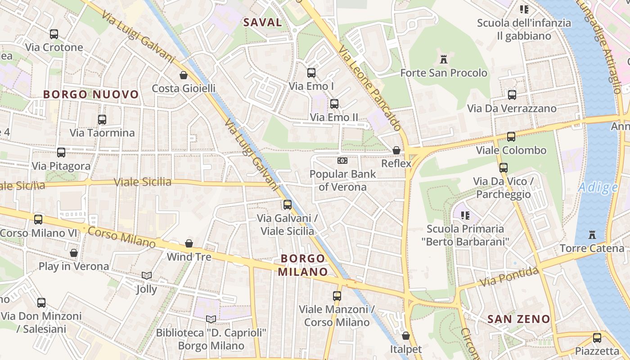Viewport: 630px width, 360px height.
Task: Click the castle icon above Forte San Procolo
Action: [444, 59]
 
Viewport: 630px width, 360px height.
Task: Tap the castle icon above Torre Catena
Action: [592, 235]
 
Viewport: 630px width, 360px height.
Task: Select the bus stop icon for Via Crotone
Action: [54, 34]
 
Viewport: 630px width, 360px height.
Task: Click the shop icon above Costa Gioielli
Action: [184, 75]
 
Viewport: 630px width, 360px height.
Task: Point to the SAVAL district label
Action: [263, 22]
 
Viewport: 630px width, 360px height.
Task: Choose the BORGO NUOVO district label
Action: [91, 94]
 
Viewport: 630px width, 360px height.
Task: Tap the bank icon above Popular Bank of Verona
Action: [342, 161]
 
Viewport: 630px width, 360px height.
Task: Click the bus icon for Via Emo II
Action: [334, 104]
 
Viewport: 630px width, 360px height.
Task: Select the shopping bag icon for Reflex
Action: [396, 150]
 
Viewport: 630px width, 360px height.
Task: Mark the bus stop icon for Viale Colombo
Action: [511, 137]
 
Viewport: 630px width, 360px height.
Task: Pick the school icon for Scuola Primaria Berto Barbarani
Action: [465, 216]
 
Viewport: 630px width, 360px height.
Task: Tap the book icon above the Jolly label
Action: [147, 275]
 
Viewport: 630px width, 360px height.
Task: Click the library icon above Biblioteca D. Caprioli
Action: [211, 319]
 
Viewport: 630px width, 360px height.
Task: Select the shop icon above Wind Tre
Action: [189, 243]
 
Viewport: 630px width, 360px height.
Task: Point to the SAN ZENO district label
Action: [519, 319]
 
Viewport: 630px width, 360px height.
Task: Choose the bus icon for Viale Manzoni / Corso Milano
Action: [337, 296]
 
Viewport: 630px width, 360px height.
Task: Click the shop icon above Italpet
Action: [406, 336]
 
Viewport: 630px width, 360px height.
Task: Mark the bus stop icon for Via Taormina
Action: [102, 119]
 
